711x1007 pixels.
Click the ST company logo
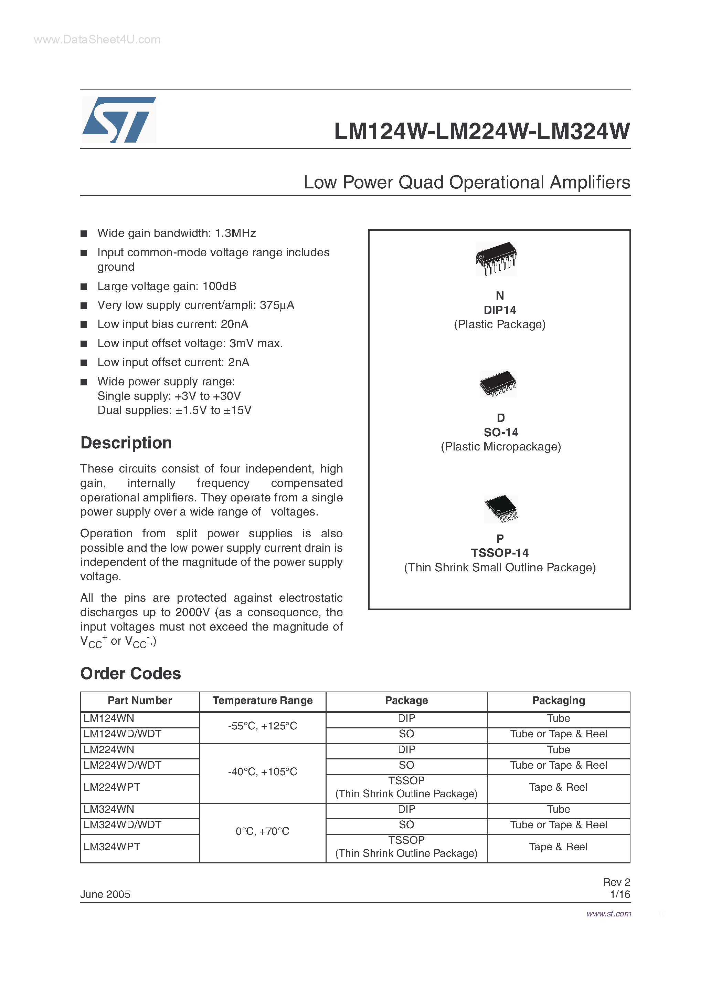(x=119, y=120)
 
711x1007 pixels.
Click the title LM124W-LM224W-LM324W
(x=482, y=131)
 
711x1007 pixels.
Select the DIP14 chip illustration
(x=496, y=258)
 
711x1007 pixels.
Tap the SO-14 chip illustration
(x=498, y=384)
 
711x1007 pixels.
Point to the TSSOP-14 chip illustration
(x=501, y=509)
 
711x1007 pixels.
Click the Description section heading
(x=126, y=443)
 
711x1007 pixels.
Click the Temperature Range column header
(x=262, y=700)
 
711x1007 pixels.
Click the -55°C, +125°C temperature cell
(x=262, y=726)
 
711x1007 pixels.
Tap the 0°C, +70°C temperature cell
(x=262, y=831)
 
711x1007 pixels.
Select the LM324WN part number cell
(x=109, y=809)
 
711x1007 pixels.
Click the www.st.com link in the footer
(x=608, y=914)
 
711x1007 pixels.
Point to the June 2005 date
(x=105, y=894)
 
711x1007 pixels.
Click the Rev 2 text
(x=616, y=882)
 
